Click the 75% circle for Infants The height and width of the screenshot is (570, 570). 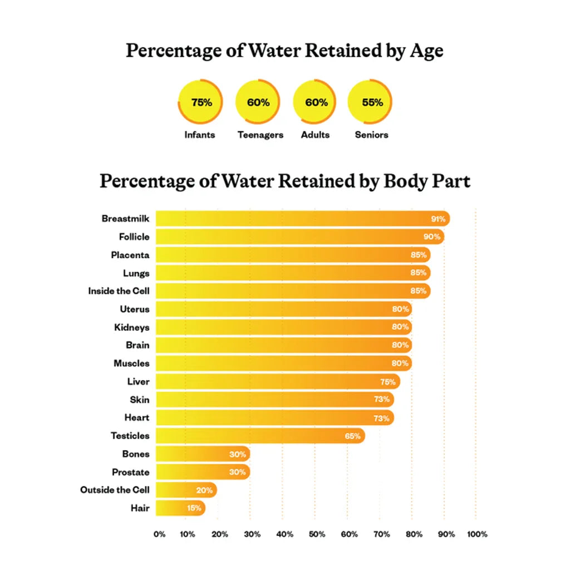click(200, 102)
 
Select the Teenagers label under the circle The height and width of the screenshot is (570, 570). click(260, 135)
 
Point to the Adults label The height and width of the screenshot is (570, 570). click(315, 135)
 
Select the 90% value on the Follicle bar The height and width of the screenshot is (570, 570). click(432, 237)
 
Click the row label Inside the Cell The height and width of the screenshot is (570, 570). click(119, 291)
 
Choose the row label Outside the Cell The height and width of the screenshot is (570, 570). click(115, 490)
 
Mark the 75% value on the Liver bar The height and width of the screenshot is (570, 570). click(388, 382)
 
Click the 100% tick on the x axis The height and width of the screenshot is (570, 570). click(477, 534)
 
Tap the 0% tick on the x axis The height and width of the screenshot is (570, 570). click(160, 534)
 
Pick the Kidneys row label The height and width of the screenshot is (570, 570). click(132, 327)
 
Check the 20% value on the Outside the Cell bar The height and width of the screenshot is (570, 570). click(204, 490)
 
